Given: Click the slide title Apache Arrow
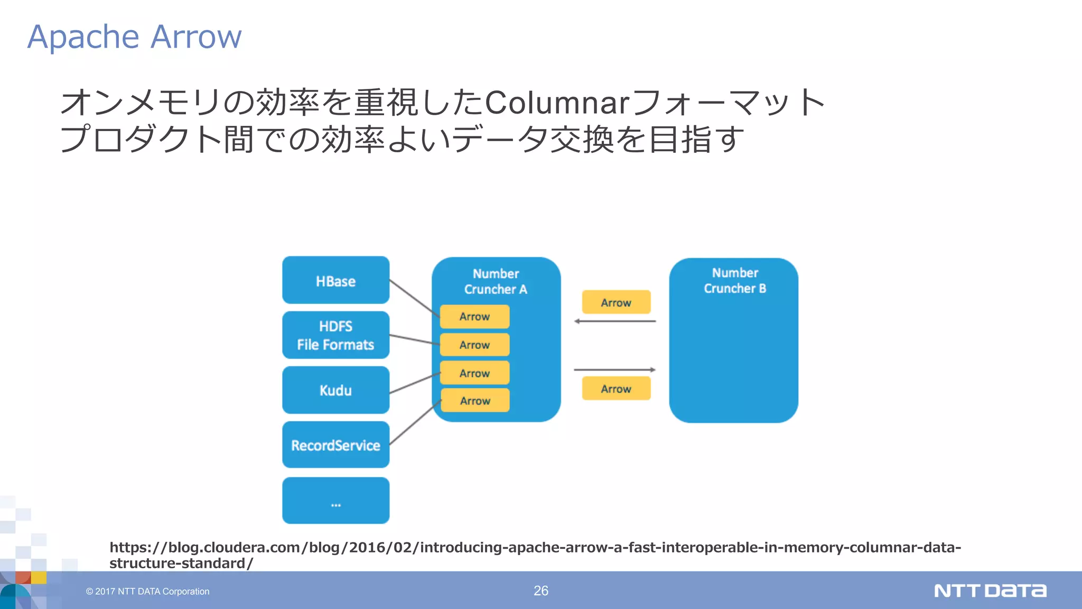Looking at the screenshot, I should pos(134,37).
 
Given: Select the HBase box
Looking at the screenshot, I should pos(335,280).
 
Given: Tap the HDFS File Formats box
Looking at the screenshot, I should pos(335,335).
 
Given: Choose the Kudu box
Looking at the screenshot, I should pos(335,390).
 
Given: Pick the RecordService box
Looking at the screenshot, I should pos(335,445).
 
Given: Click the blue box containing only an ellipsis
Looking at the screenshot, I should pos(335,501).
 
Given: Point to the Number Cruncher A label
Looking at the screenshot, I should pos(496,281).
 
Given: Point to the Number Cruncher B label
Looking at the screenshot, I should pos(734,280).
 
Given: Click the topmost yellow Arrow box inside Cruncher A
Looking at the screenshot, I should pos(474,317).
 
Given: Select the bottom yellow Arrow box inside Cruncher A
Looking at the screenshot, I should pos(475,401).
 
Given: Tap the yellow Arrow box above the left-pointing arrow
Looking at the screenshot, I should pos(616,302).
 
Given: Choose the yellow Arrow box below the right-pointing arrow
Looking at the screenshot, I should pos(616,389).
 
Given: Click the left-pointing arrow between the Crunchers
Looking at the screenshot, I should pos(615,321).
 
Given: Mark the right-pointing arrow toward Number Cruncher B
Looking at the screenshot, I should pos(615,370).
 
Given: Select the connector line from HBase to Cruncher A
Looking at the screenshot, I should pos(414,298).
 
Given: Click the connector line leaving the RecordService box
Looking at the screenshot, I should pos(415,422).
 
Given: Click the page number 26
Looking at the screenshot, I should pos(540,590).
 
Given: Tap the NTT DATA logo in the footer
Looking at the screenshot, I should pos(990,590).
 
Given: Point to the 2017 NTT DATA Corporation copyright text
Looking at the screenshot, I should pos(147,592).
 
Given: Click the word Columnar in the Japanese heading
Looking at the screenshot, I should pos(557,103).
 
